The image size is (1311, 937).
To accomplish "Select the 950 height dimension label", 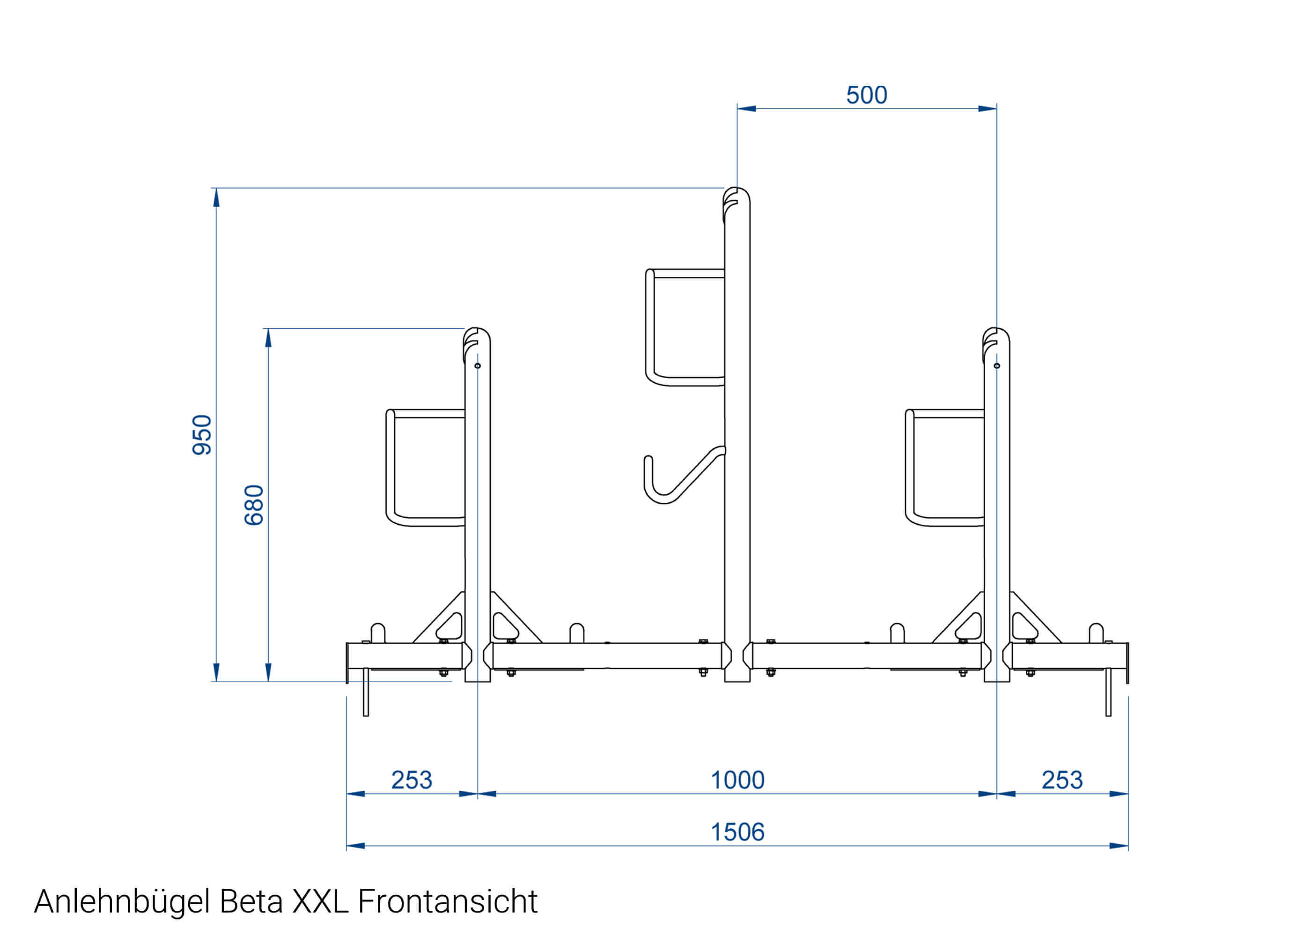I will [x=202, y=435].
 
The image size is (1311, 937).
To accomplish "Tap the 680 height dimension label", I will [x=254, y=505].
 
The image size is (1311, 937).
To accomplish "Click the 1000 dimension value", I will [x=737, y=780].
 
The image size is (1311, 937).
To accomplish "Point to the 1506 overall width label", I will [x=737, y=832].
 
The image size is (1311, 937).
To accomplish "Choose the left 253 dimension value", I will [x=411, y=780].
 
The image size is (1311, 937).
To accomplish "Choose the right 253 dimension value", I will [x=1062, y=780].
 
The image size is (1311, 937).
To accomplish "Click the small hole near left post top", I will [x=478, y=366].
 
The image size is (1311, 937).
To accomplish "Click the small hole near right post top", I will [x=997, y=366].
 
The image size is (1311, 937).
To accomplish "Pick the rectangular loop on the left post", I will [x=426, y=468].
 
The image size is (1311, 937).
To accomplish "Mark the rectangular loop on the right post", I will [x=944, y=468].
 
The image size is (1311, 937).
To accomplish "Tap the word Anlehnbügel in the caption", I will [x=122, y=901].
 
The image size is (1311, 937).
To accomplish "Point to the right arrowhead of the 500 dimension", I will [x=987, y=109].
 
